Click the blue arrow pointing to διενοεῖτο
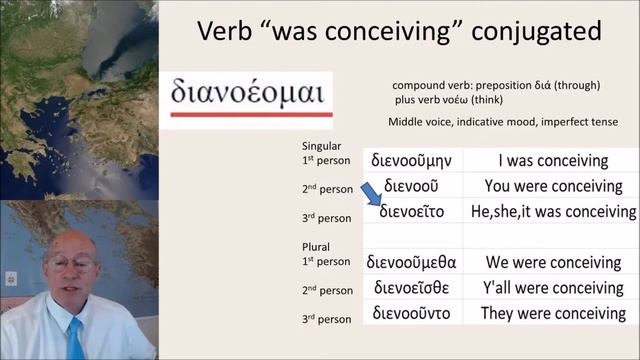(374, 195)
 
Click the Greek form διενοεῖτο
(414, 211)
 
